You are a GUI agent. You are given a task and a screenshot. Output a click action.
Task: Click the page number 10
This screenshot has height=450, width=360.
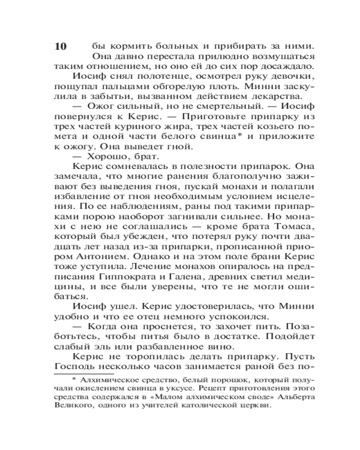point(60,46)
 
